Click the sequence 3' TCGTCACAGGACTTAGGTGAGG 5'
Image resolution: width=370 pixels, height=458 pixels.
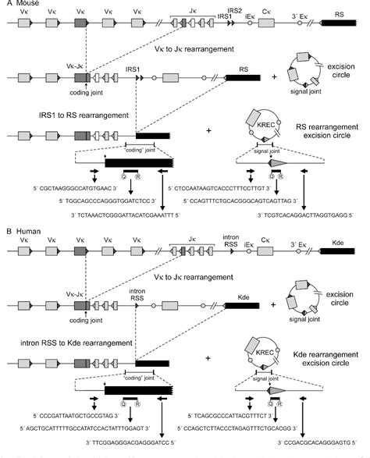(x=302, y=213)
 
